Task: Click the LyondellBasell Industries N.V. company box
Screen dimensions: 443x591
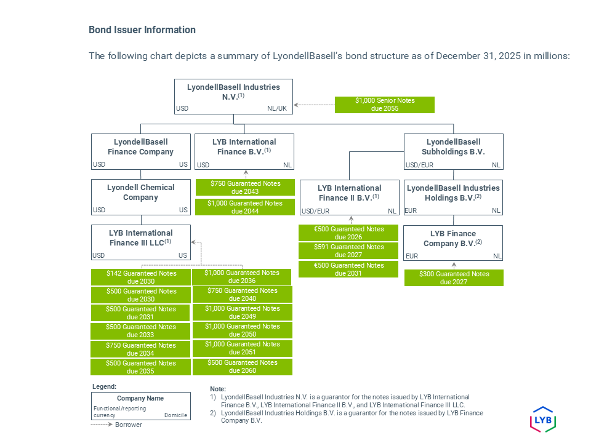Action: [233, 97]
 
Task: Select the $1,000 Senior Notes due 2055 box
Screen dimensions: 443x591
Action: [385, 105]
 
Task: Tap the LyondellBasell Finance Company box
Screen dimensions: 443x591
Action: [140, 151]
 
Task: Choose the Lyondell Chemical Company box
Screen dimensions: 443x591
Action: [140, 197]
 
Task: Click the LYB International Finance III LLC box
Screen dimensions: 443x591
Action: [140, 242]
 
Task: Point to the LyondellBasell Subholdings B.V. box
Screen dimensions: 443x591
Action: [453, 151]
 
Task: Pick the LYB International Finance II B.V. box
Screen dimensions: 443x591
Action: [349, 197]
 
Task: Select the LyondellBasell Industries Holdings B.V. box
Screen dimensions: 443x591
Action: [453, 197]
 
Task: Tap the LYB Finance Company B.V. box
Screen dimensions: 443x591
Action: [453, 242]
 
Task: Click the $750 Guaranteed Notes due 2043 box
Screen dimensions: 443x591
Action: [245, 188]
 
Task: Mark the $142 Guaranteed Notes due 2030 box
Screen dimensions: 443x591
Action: [140, 277]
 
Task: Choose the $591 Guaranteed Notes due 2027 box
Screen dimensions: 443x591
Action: [348, 251]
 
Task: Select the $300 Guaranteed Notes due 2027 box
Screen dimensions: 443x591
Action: [454, 278]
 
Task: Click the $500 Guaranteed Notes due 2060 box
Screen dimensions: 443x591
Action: [242, 367]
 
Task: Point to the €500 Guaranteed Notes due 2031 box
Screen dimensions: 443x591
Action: [348, 269]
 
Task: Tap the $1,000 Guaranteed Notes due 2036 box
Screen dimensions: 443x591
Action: [242, 277]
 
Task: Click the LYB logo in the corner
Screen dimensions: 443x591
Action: [543, 419]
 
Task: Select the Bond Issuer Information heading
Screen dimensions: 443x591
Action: [142, 30]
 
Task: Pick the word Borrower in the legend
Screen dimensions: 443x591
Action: [128, 425]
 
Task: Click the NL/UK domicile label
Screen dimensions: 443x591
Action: [277, 109]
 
